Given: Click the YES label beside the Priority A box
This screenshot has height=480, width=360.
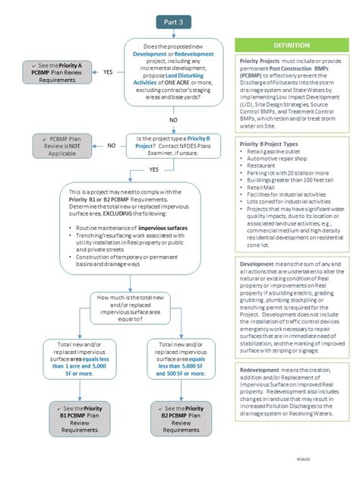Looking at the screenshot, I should click(108, 71).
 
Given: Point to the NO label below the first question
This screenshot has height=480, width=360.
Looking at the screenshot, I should click(173, 120).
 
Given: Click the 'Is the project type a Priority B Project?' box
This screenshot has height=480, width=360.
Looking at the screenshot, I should click(174, 144).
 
